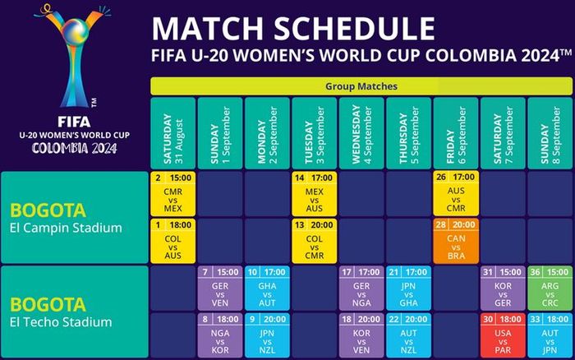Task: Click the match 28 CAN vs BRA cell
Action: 456,239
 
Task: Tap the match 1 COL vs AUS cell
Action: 173,239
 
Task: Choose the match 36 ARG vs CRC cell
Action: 550,287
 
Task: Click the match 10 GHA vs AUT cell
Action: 267,287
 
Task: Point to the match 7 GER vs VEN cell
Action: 220,287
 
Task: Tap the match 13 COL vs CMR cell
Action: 315,239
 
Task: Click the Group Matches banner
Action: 362,85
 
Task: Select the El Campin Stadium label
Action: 73,228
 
